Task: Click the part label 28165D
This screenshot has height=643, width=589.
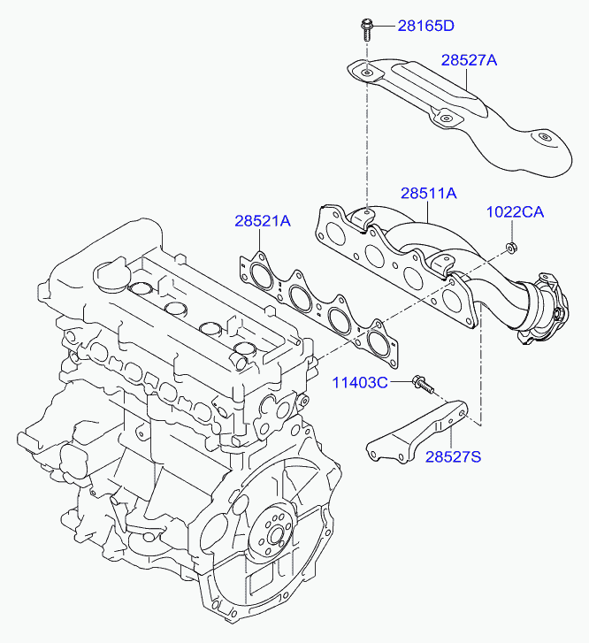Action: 425,26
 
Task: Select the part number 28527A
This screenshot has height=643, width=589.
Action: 469,60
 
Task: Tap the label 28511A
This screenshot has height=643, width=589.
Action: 429,193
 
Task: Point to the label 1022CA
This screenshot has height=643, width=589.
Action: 515,212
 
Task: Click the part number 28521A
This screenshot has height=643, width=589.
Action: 263,221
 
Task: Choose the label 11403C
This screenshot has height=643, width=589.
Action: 360,383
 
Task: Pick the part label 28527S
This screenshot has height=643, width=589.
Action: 453,456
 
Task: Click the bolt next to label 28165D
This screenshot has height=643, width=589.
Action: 366,28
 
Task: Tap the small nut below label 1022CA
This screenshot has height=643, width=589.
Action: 511,247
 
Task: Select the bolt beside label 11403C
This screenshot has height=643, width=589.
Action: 423,384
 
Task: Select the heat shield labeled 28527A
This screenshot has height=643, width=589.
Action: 459,115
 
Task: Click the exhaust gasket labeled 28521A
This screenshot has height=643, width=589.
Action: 319,310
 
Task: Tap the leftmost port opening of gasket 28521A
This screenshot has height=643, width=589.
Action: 261,276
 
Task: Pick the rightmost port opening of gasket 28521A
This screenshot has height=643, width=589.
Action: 379,344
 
